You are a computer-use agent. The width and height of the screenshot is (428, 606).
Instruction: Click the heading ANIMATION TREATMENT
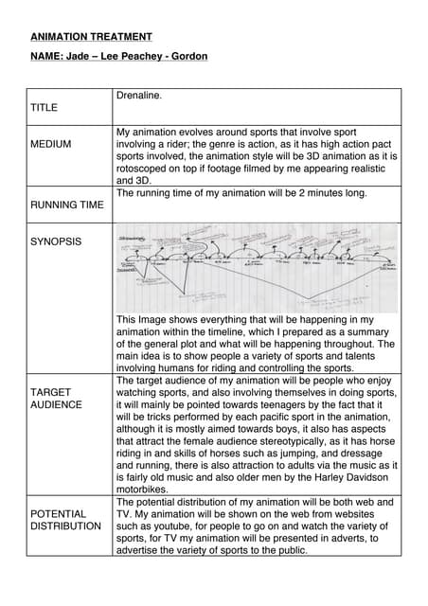click(x=91, y=37)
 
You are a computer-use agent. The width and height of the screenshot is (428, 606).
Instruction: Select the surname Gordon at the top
click(x=188, y=57)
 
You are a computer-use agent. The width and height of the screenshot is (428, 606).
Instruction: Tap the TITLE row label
click(x=44, y=108)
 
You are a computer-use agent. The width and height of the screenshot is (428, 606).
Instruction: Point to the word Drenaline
click(x=139, y=97)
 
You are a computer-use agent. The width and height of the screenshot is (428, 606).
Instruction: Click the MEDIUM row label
click(x=50, y=144)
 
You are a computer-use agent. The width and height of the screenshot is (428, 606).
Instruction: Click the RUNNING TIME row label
click(x=66, y=204)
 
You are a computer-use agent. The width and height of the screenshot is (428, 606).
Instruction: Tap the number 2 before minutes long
click(x=305, y=192)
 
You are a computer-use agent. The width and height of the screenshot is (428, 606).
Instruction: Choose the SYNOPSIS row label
click(x=56, y=241)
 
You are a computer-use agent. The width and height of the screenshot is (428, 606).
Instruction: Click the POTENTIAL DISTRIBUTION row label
click(x=65, y=520)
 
